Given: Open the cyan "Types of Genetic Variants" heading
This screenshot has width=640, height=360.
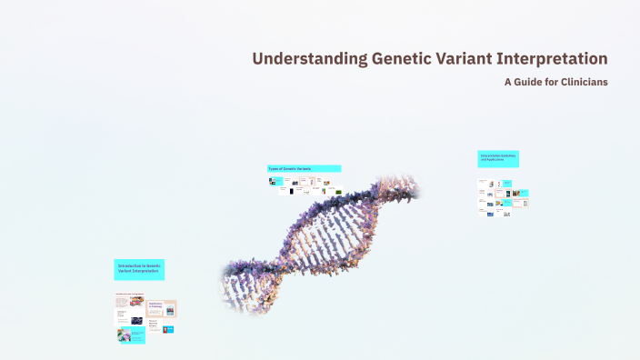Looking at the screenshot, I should point(304,169).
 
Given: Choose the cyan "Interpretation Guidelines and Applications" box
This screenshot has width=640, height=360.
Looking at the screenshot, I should point(498,158).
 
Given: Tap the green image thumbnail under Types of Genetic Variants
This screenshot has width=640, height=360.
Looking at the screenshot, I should point(338,192).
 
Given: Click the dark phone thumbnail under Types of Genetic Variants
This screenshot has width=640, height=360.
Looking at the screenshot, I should point(291,191).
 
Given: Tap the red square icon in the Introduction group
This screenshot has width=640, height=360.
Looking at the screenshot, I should point(167,329).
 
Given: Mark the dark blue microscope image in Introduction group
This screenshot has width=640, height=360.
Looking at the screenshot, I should point(135,320).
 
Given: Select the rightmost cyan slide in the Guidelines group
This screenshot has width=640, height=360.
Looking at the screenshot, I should point(524,193).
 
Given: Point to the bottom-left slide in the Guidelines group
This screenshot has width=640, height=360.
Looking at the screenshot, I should point(490,214).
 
